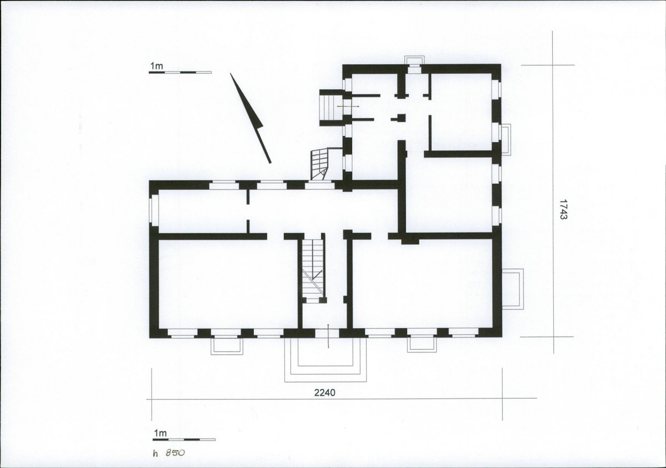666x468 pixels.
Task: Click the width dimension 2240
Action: click(x=324, y=392)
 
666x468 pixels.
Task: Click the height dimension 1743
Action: click(x=563, y=209)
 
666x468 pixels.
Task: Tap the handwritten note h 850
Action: click(x=169, y=452)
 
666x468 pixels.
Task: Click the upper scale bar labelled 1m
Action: click(x=179, y=72)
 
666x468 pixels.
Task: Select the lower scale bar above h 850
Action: click(x=184, y=440)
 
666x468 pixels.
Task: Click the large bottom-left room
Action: click(x=227, y=284)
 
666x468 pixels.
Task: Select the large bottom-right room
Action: click(x=423, y=285)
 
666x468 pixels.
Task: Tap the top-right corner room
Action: click(x=461, y=112)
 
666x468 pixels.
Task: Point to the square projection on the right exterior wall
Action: click(x=513, y=289)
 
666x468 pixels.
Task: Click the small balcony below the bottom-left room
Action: click(x=227, y=346)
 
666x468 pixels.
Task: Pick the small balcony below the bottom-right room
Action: click(x=422, y=344)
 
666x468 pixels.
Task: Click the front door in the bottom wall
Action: click(x=328, y=334)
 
